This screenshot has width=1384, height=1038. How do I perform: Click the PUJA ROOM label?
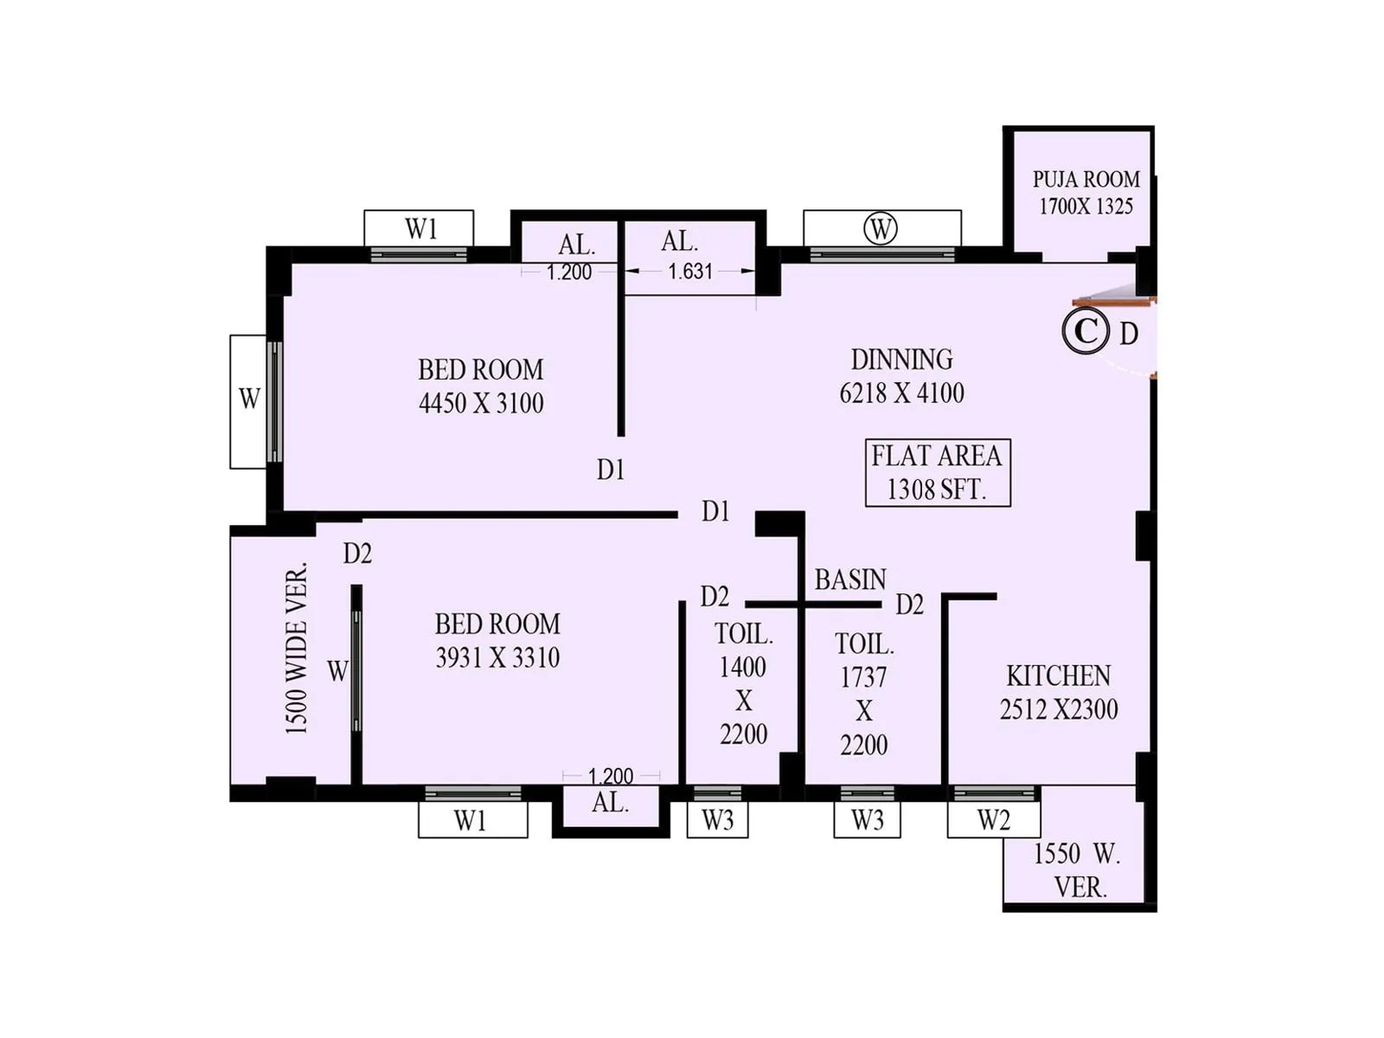tap(1086, 192)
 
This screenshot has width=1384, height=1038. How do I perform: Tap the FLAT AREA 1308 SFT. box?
tap(938, 472)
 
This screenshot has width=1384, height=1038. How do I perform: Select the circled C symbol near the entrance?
tap(1086, 331)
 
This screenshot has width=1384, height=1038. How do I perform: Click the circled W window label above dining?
tap(881, 229)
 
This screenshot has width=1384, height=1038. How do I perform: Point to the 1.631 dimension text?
tap(690, 272)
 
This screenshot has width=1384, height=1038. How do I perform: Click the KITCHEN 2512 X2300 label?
tap(1058, 692)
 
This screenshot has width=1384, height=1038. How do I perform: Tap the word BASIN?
tap(850, 580)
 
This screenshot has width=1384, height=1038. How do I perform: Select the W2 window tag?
tap(993, 820)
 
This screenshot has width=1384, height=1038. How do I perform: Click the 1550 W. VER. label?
tap(1078, 870)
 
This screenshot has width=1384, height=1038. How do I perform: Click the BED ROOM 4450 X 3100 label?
tap(481, 386)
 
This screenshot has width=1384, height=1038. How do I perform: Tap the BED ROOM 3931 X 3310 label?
tap(497, 640)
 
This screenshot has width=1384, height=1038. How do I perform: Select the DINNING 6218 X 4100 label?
tap(901, 375)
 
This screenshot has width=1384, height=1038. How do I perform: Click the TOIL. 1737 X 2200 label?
tap(864, 694)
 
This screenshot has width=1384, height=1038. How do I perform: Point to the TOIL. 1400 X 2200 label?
tap(743, 683)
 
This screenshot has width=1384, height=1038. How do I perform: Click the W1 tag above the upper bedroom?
tap(420, 229)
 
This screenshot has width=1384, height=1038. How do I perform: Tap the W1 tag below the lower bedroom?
tap(471, 820)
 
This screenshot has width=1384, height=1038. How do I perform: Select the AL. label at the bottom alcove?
tap(610, 803)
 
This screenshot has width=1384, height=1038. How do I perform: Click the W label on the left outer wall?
tap(249, 399)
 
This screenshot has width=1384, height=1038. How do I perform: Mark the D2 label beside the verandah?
tap(357, 554)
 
